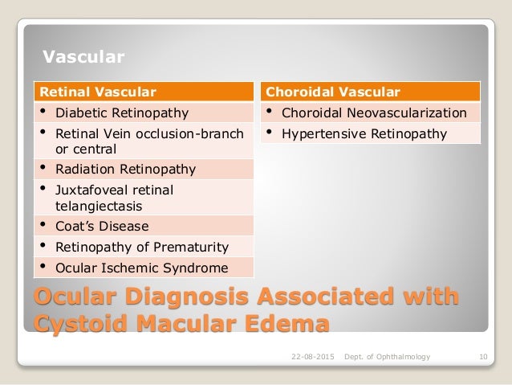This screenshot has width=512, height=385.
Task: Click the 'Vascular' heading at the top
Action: [x=83, y=57]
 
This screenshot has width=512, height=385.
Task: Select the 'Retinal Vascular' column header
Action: [x=99, y=91]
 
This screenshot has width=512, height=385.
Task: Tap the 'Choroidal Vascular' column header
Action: [x=332, y=91]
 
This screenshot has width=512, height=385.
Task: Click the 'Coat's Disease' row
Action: [x=101, y=226]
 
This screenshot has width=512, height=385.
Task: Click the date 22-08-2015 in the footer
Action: [x=311, y=356]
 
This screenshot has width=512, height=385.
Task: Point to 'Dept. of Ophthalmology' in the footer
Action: [x=387, y=356]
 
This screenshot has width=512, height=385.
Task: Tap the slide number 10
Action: [x=481, y=356]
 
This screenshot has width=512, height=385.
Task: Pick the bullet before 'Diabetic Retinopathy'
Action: [x=42, y=112]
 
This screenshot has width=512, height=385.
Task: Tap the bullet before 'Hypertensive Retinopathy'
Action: [x=270, y=133]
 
